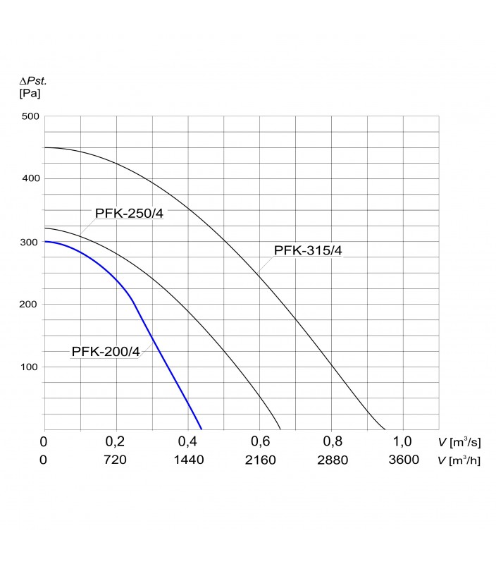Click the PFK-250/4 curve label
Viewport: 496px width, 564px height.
(x=130, y=213)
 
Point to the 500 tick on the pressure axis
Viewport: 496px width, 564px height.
(x=30, y=116)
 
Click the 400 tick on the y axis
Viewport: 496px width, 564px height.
(x=30, y=178)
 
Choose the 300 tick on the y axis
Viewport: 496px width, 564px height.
(x=30, y=242)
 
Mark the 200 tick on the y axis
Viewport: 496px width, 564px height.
(x=30, y=304)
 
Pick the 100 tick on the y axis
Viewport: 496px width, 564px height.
(x=30, y=367)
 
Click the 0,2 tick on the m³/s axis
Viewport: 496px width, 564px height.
(x=116, y=442)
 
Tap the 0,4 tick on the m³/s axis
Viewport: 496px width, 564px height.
(x=188, y=442)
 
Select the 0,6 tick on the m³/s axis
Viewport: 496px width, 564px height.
(x=260, y=442)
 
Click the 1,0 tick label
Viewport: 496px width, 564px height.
(x=403, y=442)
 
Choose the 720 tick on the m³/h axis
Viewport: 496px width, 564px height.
(x=116, y=460)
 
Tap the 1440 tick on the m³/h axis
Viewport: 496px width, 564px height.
(x=188, y=460)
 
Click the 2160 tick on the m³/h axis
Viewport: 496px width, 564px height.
(x=260, y=460)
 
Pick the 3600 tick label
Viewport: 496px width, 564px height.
(x=403, y=460)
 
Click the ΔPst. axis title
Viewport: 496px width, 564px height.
(x=32, y=81)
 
